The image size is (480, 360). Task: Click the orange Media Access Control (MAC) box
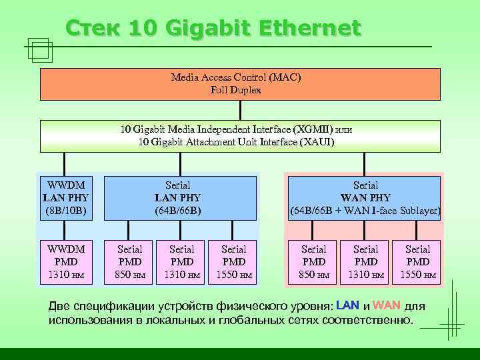(240, 83)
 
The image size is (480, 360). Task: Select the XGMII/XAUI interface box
(240, 136)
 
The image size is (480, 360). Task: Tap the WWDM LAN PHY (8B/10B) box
(65, 198)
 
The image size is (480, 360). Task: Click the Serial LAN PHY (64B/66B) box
(181, 198)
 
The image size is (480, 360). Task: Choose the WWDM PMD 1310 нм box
(65, 261)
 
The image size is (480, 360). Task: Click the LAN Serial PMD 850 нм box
(129, 261)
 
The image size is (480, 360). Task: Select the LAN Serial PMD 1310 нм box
(181, 261)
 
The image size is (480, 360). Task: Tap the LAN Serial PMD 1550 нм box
(233, 261)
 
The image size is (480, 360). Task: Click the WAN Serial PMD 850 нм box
(313, 261)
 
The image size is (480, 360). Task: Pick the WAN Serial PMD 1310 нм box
(365, 261)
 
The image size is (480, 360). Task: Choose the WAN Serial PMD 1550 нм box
(417, 261)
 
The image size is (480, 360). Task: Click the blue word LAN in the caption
(347, 306)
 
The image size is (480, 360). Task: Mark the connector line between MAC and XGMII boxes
(241, 110)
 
